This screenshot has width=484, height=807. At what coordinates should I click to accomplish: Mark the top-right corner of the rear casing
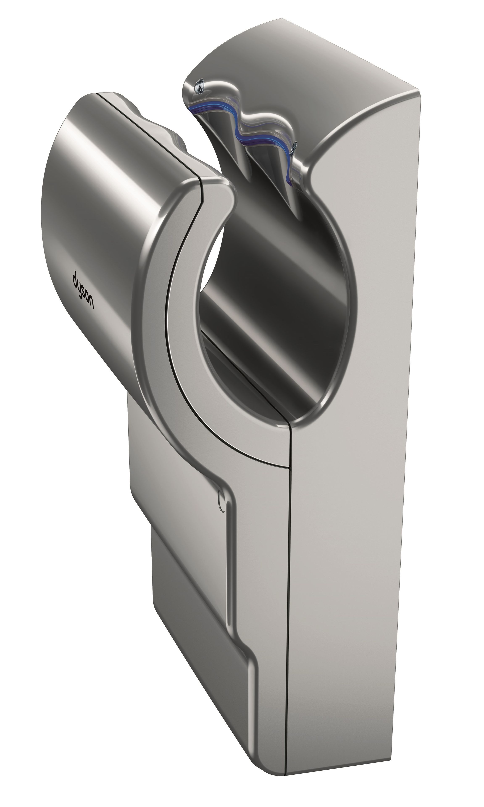click(418, 89)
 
